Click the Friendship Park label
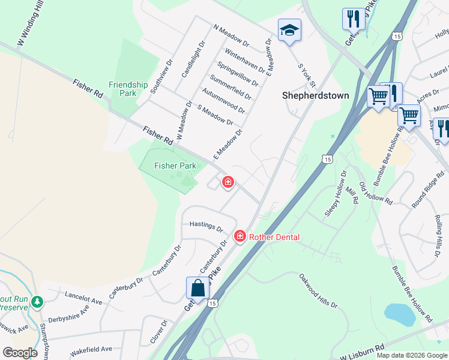point(128,89)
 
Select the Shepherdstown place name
point(316,95)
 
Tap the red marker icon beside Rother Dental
point(240,237)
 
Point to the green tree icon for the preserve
point(37,301)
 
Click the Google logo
point(20,353)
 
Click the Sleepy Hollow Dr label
point(336,196)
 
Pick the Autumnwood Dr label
point(224,101)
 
